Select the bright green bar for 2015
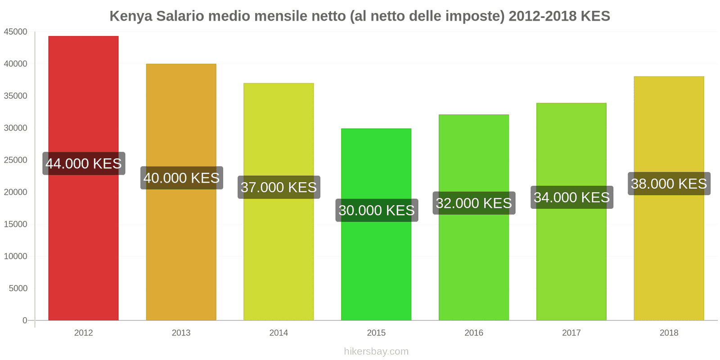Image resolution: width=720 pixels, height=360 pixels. (x=376, y=270)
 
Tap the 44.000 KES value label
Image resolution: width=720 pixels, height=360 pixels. (x=84, y=163)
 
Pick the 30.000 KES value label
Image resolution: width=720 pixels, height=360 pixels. (x=377, y=210)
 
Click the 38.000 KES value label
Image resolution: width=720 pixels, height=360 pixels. (x=669, y=184)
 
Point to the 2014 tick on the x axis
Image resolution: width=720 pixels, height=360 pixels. (x=279, y=333)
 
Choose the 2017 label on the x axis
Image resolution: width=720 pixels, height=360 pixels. (x=571, y=333)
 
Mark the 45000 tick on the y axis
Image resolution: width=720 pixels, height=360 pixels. (x=16, y=32)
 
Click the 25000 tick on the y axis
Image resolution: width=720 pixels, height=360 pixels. (x=16, y=160)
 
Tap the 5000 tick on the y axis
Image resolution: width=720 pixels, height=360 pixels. (x=18, y=288)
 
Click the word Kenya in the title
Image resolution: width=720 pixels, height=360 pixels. (x=130, y=16)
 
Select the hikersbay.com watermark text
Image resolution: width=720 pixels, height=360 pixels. (x=376, y=351)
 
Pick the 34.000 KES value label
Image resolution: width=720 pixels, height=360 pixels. (x=571, y=197)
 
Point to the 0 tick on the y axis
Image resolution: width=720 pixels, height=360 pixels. (x=25, y=320)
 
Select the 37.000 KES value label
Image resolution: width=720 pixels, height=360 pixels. (x=279, y=187)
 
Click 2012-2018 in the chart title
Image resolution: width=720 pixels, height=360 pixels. (x=543, y=16)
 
